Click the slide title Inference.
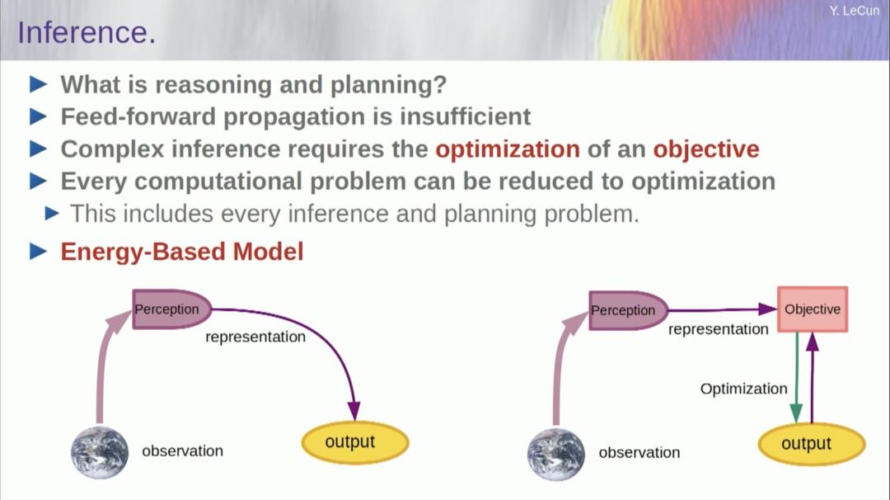point(87,32)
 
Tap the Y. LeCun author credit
point(854,11)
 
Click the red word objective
point(706,149)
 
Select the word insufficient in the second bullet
point(466,116)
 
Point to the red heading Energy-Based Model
point(181,252)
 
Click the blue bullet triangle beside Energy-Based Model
point(38,251)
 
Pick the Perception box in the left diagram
point(171,309)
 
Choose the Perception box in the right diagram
point(628,310)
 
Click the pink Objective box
point(813,309)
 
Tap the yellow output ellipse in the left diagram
point(354,442)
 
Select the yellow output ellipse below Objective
point(812,444)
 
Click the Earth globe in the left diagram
point(100,452)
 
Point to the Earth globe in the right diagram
point(556,455)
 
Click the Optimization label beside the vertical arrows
point(743,389)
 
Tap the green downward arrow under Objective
point(796,377)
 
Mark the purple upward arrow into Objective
point(813,377)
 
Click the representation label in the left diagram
point(255,337)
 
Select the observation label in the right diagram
point(639,452)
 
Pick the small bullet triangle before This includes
point(52,214)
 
